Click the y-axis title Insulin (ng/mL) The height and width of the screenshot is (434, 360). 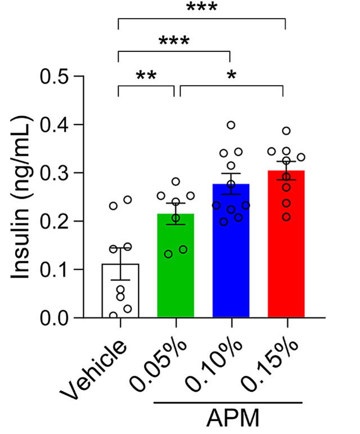point(21,197)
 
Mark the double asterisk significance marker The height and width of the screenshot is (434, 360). point(147,75)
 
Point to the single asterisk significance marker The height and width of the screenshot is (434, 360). point(231,75)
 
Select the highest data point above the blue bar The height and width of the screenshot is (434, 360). point(231,125)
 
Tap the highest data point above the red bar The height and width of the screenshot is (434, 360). point(286,131)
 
